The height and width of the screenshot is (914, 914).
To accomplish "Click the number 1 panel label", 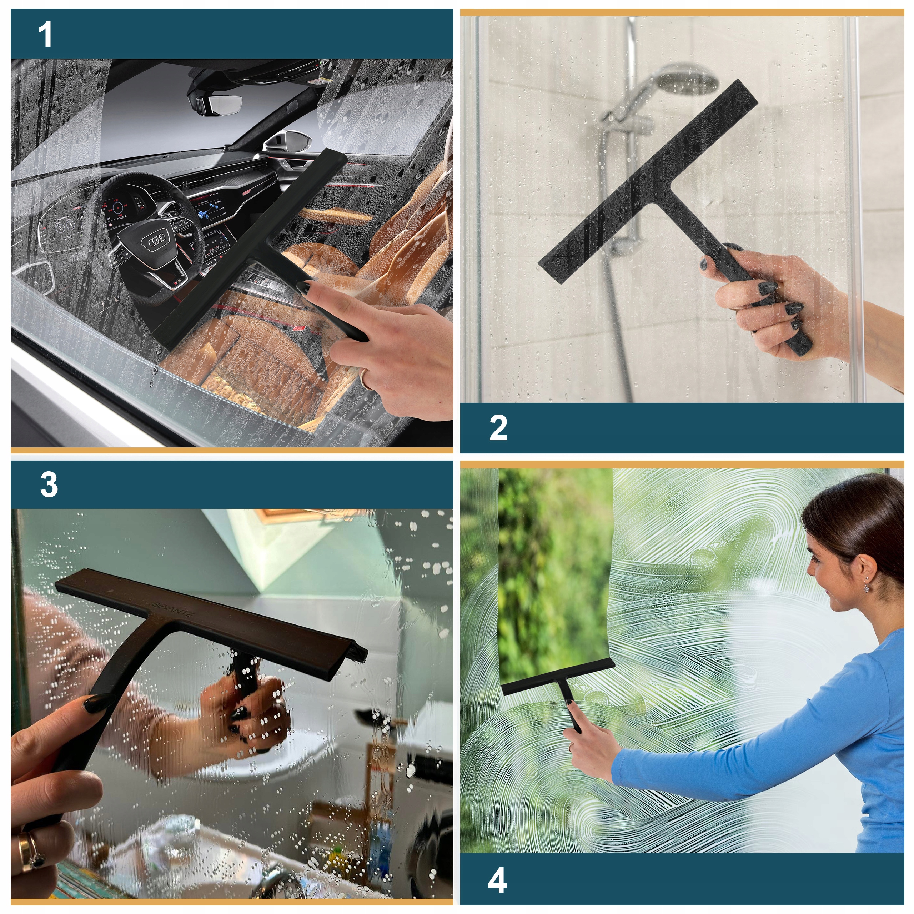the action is [x=45, y=35].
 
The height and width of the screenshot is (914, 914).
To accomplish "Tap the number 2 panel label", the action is [x=498, y=428].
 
